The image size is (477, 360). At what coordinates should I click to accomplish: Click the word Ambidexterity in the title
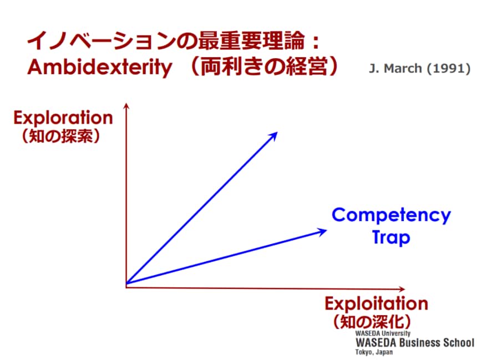[100, 67]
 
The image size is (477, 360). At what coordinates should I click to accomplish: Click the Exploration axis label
[63, 118]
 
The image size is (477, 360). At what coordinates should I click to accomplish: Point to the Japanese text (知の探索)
[61, 136]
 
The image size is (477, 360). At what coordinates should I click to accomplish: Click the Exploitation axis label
[377, 303]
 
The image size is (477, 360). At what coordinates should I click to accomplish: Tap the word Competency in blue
[391, 216]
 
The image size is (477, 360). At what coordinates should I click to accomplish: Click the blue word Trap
[391, 238]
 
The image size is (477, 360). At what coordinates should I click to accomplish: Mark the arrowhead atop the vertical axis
[126, 105]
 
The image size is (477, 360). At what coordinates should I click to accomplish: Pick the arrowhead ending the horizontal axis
[402, 289]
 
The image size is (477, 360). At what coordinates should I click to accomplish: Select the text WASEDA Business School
[415, 343]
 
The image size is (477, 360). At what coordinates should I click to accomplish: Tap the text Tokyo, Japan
[374, 352]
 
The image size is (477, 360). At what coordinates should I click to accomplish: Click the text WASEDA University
[383, 333]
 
